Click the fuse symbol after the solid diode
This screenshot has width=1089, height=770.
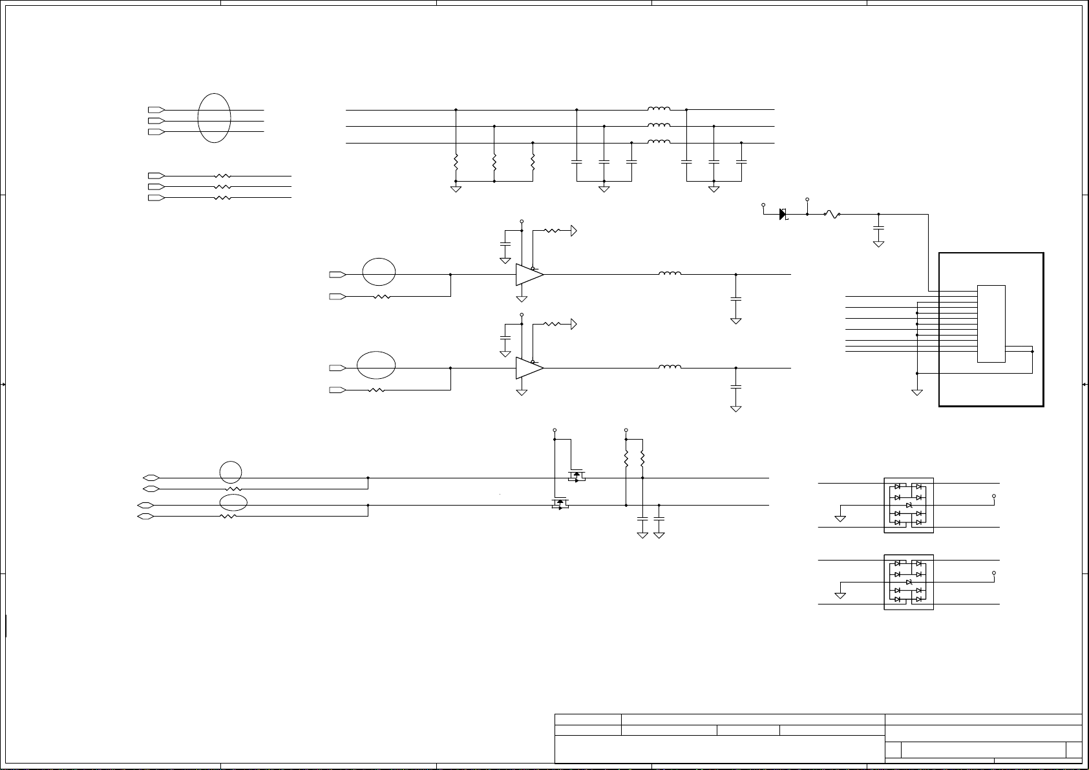(x=832, y=214)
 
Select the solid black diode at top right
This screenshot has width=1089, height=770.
(x=783, y=214)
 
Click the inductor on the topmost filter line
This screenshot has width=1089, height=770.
(x=659, y=109)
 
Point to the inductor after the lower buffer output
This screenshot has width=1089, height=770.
(x=670, y=367)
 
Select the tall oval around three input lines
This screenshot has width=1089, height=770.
(x=214, y=118)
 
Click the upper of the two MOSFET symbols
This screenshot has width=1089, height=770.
(x=576, y=476)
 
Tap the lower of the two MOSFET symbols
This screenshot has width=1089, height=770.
(x=559, y=503)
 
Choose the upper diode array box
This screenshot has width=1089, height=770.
(x=909, y=505)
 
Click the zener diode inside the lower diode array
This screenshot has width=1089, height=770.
(x=909, y=582)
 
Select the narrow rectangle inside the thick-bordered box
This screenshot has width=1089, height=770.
(x=991, y=323)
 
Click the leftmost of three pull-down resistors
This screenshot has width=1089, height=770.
(x=456, y=161)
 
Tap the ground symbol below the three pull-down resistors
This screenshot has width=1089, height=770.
(x=456, y=189)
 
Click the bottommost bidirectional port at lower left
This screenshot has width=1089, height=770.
(x=145, y=517)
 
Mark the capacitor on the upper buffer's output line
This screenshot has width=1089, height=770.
(x=735, y=299)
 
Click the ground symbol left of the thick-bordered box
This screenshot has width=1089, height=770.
(x=916, y=392)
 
